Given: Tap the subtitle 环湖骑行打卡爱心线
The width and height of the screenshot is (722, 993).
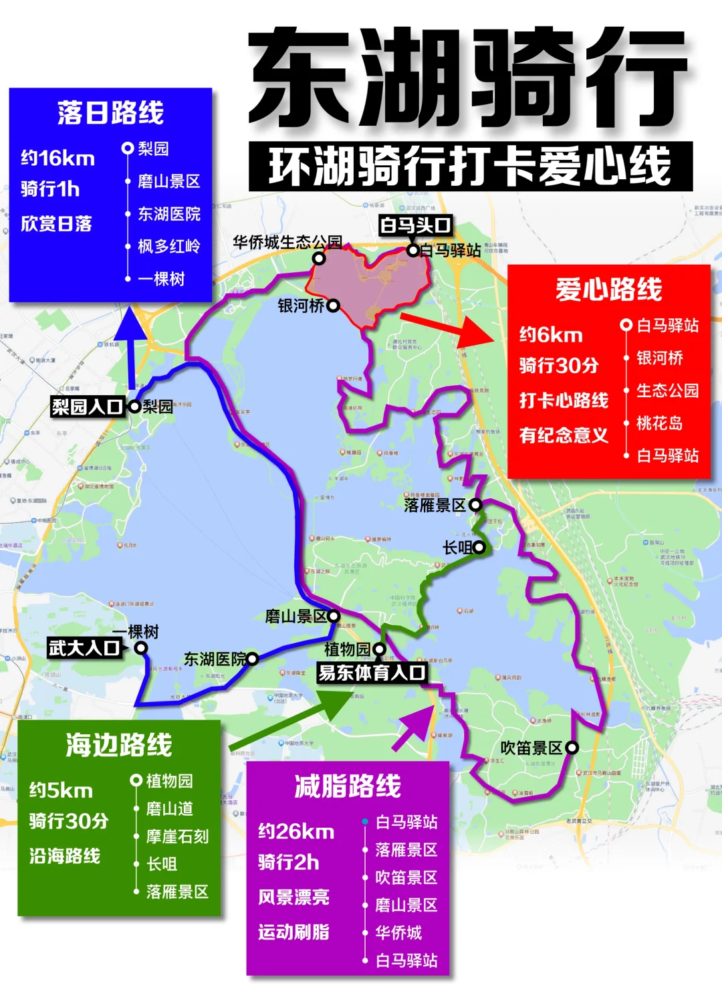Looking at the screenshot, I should [470, 167].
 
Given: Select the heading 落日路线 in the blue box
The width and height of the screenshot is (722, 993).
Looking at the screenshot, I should [110, 112].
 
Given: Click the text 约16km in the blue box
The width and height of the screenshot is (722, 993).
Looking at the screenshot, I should [58, 158].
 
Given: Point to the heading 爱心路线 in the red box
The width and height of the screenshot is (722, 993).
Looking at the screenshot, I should [608, 290].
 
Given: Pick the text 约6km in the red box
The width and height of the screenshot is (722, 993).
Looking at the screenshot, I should [551, 335].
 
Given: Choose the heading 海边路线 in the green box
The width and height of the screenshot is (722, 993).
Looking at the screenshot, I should [119, 745].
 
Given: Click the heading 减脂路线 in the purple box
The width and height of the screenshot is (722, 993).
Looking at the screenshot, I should [348, 786].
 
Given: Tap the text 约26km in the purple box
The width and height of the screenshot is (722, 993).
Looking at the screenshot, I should [296, 831].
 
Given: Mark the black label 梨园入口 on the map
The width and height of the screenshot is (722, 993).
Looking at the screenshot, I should [88, 407].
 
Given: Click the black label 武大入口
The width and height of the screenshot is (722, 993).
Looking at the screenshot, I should [84, 648].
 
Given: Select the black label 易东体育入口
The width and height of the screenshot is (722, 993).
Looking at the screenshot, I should [372, 673].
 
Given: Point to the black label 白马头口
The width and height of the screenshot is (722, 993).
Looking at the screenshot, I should [415, 225].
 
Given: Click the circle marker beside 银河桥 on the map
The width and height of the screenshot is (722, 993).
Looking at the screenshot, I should [333, 306].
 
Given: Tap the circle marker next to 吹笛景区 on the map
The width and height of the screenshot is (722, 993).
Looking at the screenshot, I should [572, 748].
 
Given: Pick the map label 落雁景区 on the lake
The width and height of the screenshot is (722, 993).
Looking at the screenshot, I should [435, 506].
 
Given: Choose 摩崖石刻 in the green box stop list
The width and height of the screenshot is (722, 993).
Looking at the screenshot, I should [177, 837].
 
